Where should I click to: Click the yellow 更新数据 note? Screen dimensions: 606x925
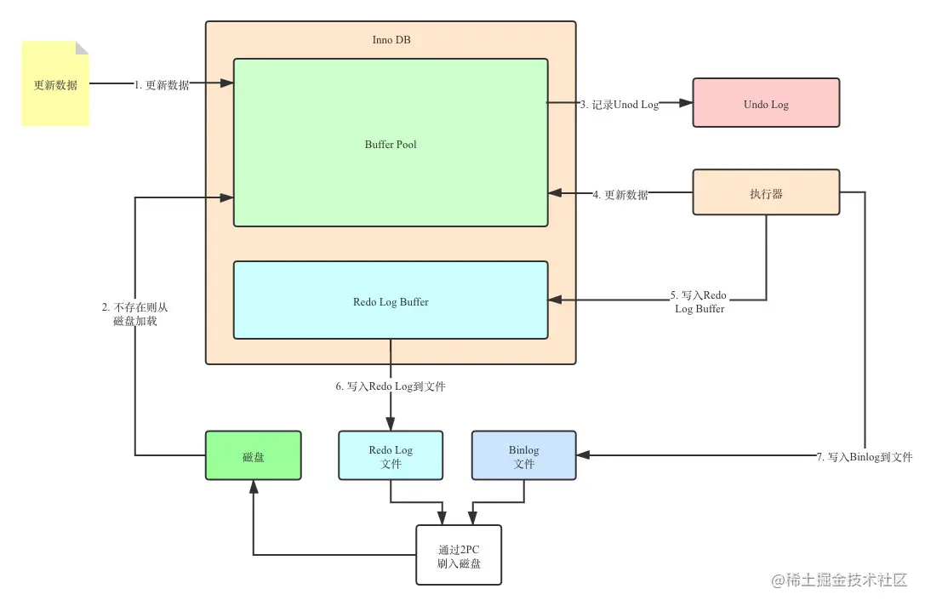tap(55, 84)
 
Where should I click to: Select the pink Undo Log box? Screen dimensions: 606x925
tap(766, 103)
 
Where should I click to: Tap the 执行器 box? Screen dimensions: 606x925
tap(766, 192)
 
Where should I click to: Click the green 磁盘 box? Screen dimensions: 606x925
tap(253, 456)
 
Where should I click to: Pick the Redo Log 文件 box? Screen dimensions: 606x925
tap(391, 456)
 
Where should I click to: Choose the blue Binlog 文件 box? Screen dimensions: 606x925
tap(523, 456)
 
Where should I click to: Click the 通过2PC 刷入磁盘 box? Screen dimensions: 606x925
tap(458, 555)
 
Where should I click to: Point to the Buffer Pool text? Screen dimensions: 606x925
tap(391, 144)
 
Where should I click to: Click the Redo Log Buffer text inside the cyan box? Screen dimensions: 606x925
tap(391, 301)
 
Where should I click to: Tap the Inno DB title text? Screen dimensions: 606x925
tap(391, 40)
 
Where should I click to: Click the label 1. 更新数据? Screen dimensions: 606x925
tap(162, 85)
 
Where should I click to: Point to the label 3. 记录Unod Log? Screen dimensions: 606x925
tap(620, 105)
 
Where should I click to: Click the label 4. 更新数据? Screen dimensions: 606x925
tap(620, 195)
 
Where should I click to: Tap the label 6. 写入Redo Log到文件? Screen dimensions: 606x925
tap(391, 386)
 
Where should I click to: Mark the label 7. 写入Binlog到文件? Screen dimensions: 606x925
tap(864, 457)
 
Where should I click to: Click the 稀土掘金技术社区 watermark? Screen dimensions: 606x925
tap(839, 580)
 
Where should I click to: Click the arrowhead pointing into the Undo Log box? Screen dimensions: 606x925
tap(686, 103)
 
